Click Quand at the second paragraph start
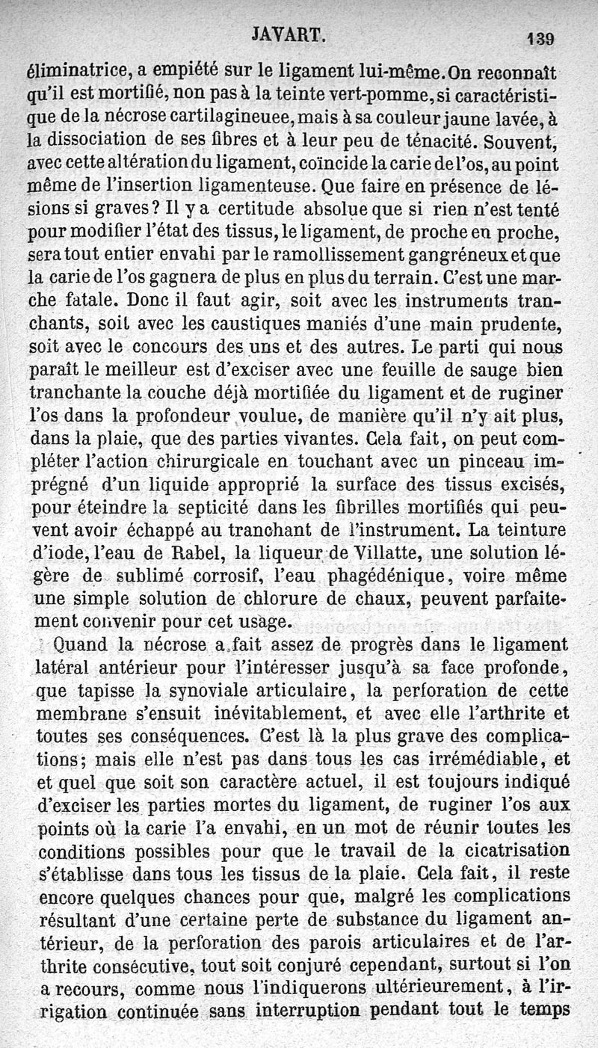tap(81, 645)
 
